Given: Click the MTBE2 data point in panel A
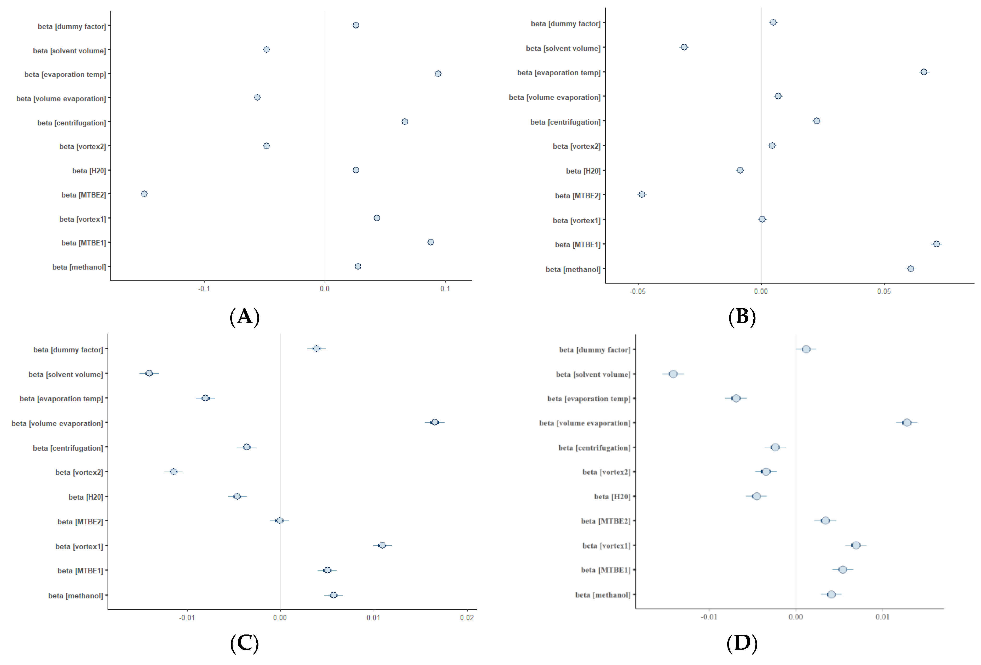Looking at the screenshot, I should [x=144, y=194].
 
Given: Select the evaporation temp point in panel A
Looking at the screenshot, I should [x=438, y=74].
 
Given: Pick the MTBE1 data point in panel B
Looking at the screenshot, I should [x=936, y=244].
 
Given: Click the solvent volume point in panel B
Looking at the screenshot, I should [x=684, y=47].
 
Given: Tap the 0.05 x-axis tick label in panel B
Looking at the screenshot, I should [x=884, y=292].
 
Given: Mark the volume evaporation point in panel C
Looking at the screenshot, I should [x=434, y=422].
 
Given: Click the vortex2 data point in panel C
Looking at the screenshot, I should [x=174, y=471].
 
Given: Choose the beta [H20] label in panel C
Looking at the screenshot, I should [x=86, y=497].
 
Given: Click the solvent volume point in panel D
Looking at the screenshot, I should [x=673, y=374].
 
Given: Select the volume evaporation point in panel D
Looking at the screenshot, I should [x=907, y=422].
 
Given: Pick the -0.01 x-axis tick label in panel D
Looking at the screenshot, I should [x=709, y=617].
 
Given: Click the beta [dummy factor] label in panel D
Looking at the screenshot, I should [x=594, y=350].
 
